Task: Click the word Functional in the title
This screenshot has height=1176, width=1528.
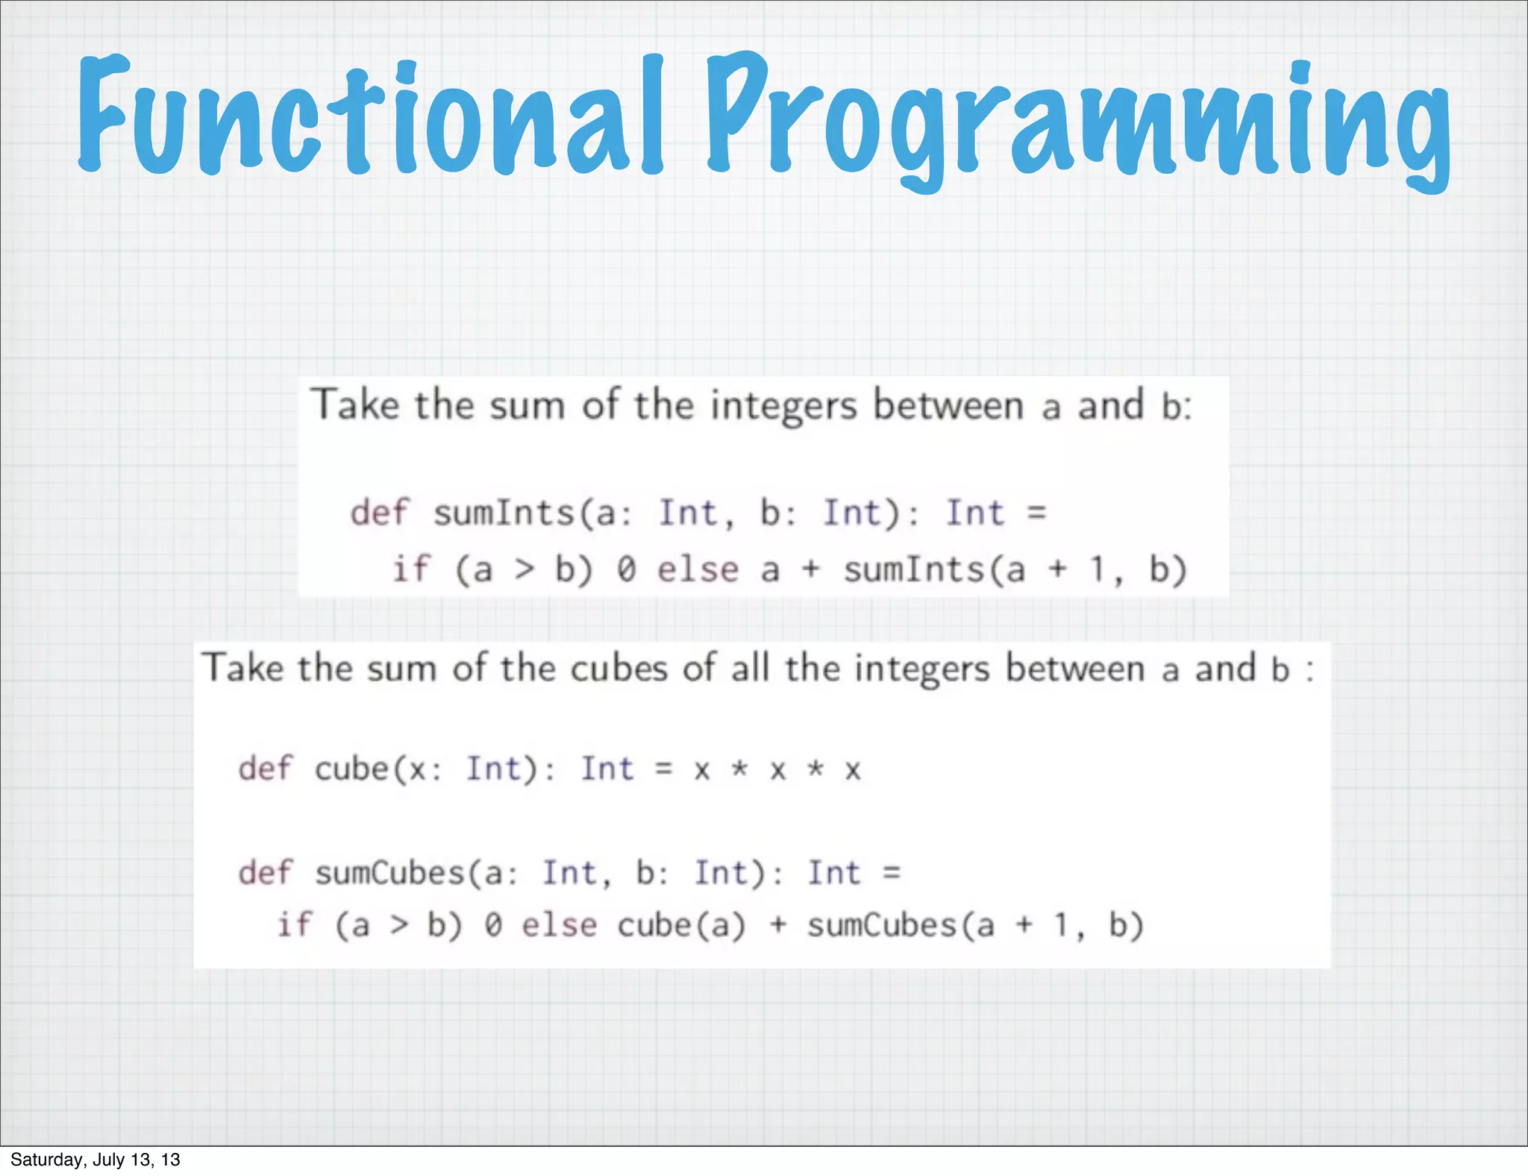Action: [369, 116]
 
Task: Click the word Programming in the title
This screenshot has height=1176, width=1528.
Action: [1078, 119]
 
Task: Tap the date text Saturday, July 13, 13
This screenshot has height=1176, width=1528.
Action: [95, 1159]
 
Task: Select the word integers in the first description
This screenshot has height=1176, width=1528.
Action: [783, 407]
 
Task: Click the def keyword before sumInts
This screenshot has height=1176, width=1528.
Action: [379, 513]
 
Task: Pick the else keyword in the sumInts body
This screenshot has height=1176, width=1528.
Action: [698, 570]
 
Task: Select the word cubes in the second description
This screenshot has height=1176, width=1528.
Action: [619, 669]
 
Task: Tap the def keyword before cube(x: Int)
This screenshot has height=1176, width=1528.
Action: [266, 769]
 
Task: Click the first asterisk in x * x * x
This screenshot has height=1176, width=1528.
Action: [739, 769]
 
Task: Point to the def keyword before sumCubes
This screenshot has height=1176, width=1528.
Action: [266, 872]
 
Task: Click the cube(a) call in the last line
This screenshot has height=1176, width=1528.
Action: [680, 926]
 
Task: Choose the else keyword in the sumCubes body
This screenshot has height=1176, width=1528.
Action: [559, 926]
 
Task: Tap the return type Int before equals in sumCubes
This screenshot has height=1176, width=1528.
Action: [834, 872]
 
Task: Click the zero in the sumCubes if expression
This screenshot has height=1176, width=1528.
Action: [493, 926]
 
